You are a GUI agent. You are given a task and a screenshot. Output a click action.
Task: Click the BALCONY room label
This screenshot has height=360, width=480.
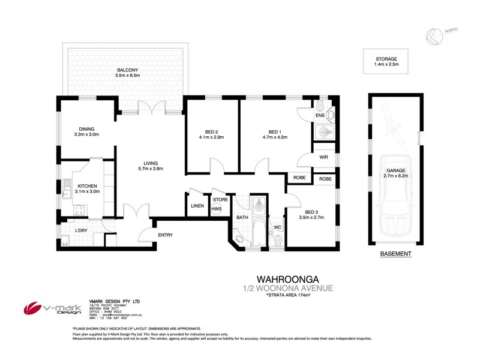[x=128, y=70]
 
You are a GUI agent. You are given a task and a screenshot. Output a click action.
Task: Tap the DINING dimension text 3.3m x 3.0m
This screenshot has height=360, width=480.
[x=86, y=134]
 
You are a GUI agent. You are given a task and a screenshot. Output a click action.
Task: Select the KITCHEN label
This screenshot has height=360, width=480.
[x=87, y=187]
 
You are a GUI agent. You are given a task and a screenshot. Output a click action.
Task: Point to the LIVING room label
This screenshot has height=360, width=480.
[x=151, y=162]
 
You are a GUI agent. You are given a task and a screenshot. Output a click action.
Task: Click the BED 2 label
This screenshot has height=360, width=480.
[x=203, y=131]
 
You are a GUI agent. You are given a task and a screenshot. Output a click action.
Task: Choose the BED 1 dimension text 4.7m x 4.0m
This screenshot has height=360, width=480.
[x=275, y=137]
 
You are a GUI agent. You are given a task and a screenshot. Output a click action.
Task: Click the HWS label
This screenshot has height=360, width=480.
[x=216, y=209]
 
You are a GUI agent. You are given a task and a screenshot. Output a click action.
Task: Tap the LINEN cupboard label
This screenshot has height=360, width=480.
[x=197, y=206]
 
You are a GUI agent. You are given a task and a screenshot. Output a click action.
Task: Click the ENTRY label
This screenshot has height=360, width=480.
[x=166, y=234]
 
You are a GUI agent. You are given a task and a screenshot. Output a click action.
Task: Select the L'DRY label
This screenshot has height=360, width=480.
[x=82, y=230]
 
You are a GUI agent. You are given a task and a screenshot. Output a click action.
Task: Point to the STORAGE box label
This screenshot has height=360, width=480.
[x=385, y=59]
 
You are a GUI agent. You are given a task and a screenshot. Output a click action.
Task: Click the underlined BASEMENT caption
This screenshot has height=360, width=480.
[x=396, y=254]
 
